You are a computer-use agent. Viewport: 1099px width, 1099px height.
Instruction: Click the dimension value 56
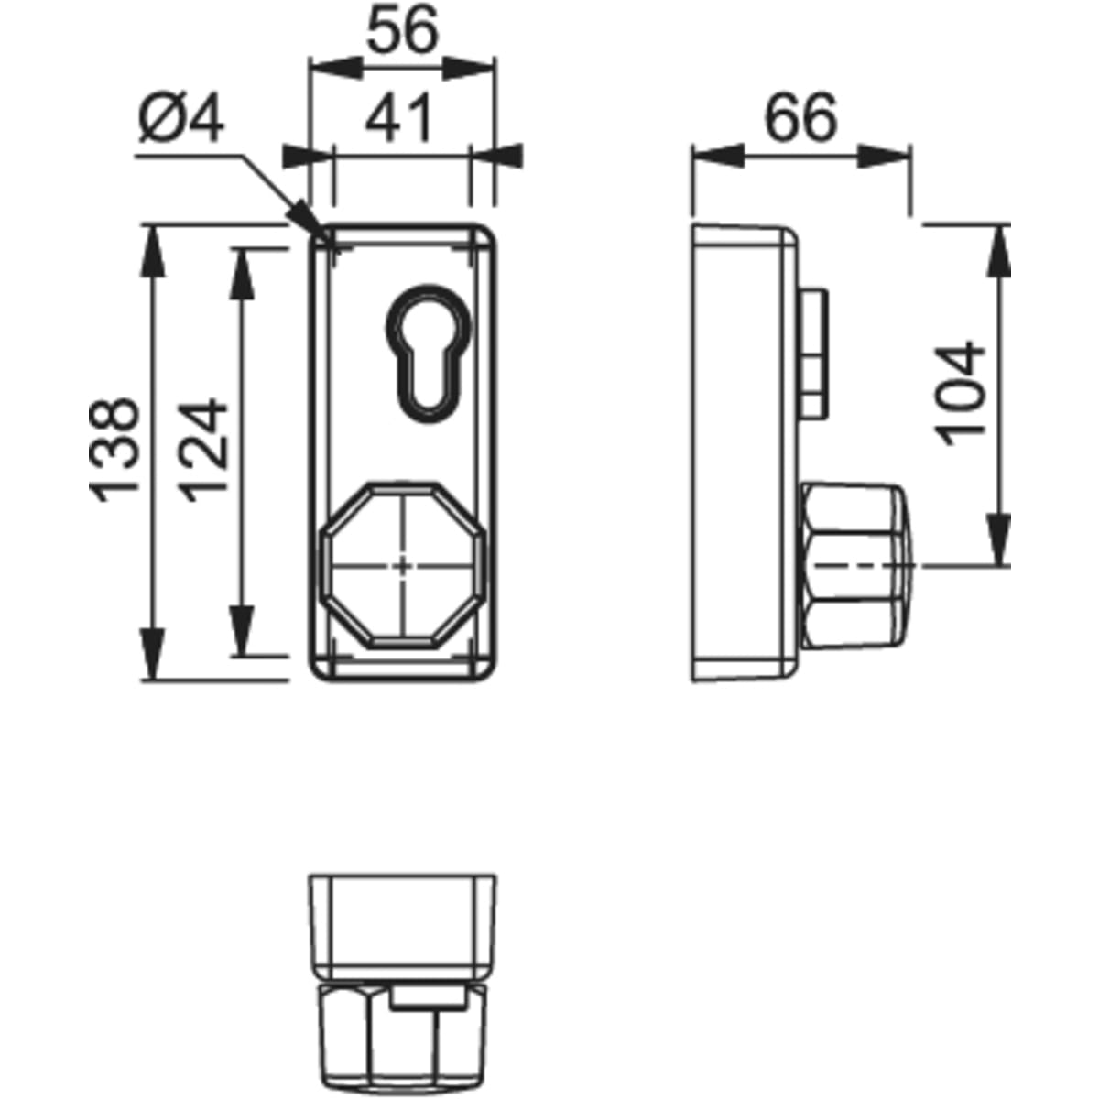pos(403,29)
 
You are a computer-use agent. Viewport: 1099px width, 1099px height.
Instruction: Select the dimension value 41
pos(398,118)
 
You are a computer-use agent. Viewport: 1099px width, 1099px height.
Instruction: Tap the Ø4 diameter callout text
pos(181,118)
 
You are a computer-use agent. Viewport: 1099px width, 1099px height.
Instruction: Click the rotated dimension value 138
pos(114,450)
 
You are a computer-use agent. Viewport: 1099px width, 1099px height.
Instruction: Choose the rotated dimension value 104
pos(962,394)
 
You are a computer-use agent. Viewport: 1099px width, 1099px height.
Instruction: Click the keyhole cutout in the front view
pos(429,354)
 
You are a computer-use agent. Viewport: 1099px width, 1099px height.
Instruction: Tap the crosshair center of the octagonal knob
pos(403,566)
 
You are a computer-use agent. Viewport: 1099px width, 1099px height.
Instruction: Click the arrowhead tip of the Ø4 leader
pos(327,240)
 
